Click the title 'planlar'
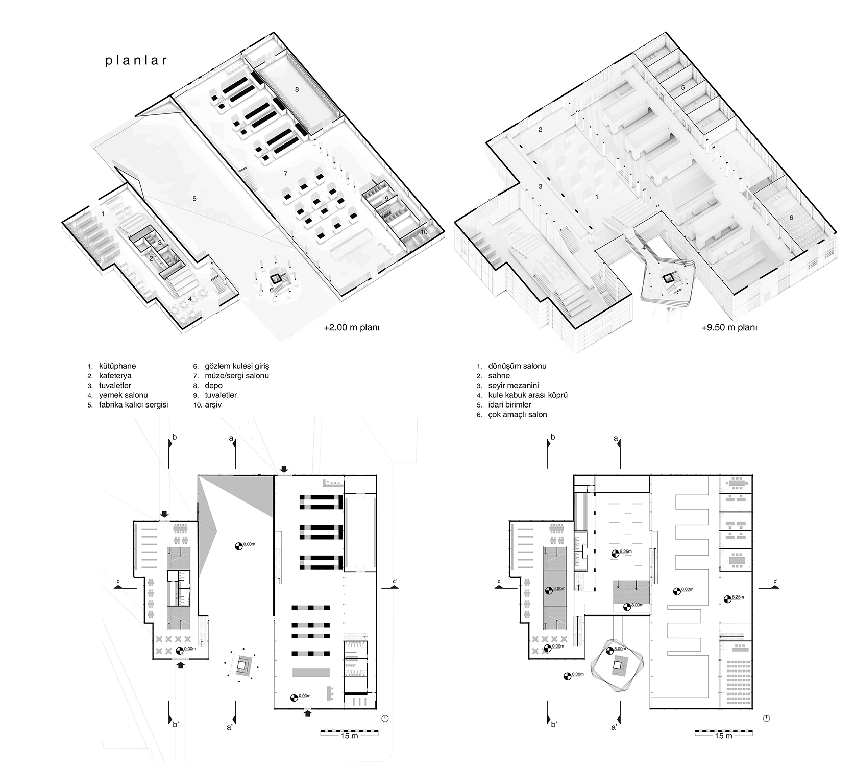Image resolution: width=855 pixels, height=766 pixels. point(136,61)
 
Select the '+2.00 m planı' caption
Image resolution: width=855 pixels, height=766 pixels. point(352,328)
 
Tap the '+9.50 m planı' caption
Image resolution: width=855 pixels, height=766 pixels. point(729,328)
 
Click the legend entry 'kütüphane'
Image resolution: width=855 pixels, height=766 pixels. point(117,366)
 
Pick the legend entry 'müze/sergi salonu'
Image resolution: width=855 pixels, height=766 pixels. point(237,376)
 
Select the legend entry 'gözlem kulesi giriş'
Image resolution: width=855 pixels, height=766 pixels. point(237,366)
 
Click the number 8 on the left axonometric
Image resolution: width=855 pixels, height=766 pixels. point(297,89)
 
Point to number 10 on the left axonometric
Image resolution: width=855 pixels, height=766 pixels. point(424,232)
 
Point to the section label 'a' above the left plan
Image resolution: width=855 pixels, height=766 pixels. point(231,438)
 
